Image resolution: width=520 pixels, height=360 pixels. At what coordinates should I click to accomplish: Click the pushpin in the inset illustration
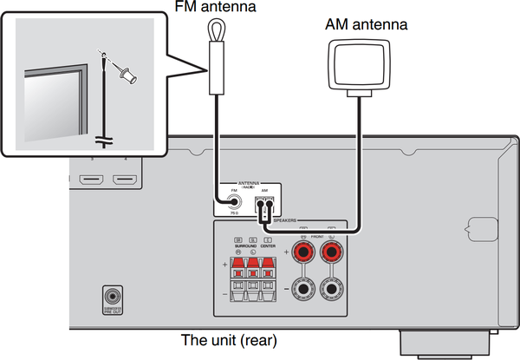[x=127, y=77]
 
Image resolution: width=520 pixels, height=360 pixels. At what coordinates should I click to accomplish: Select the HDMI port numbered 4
[x=125, y=181]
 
